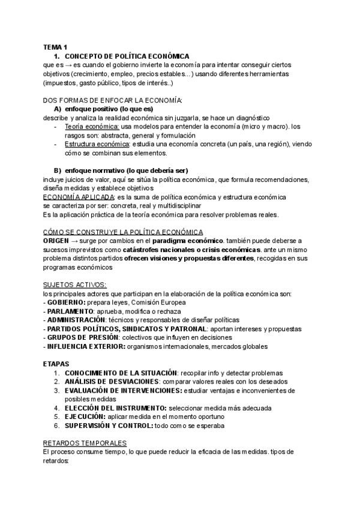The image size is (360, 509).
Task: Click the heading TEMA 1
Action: coord(55,46)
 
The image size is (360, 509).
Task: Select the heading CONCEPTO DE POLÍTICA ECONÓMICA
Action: coord(127,56)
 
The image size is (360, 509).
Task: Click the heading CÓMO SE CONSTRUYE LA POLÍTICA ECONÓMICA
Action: coord(123,232)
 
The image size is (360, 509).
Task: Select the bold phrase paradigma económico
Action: coord(191,241)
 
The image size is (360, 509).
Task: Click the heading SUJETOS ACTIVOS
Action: coord(75,285)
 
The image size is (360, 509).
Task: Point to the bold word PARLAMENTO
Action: coord(71,311)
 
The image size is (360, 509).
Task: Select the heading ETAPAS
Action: coord(56,364)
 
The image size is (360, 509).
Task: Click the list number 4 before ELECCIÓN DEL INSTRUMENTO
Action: coord(56,408)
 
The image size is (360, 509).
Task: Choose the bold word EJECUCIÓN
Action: coord(85,416)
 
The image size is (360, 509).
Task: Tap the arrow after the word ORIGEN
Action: coord(79,241)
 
